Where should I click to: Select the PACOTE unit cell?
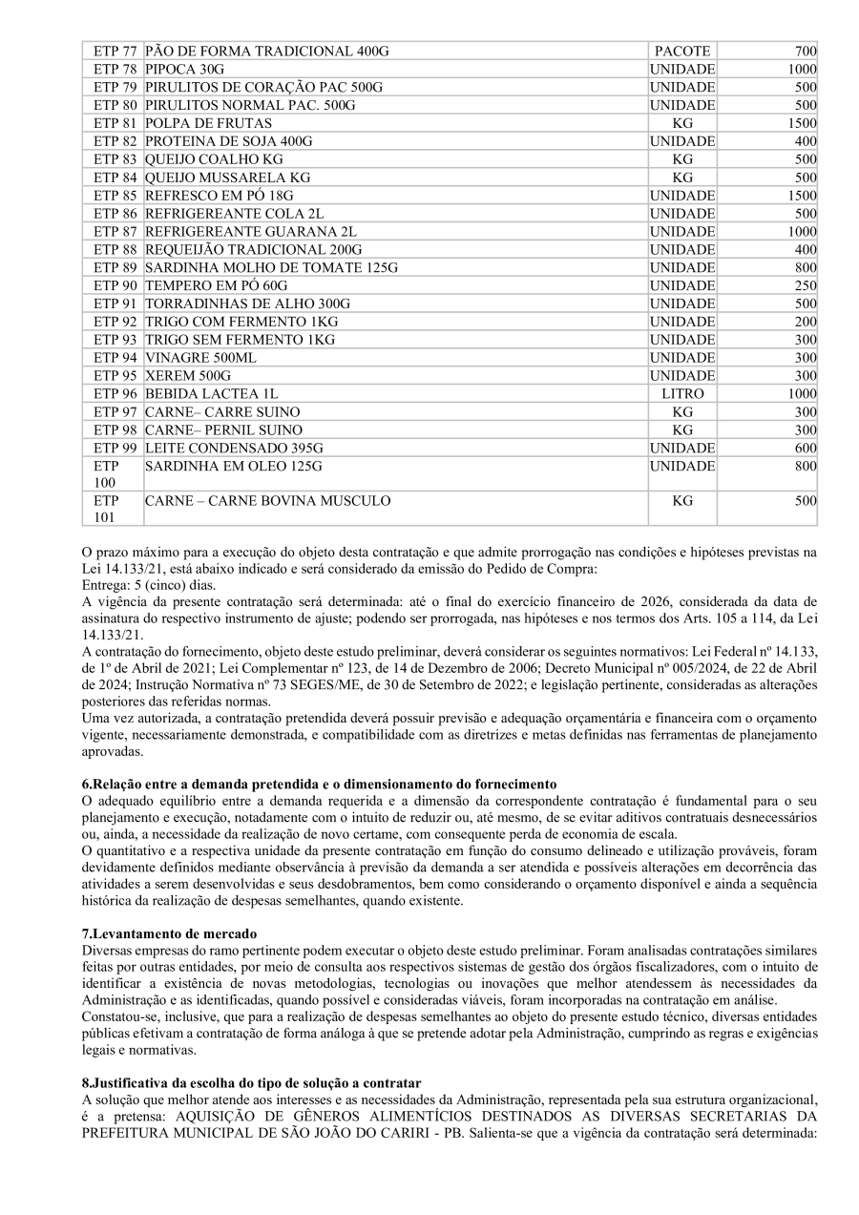681,51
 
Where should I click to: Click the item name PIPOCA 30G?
185,69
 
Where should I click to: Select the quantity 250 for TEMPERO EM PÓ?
806,286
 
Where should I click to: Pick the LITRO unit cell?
681,394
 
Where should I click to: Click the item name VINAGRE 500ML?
200,358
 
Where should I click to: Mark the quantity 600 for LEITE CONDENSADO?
806,449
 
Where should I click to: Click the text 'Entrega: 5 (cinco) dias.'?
149,585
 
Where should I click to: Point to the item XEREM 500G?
187,376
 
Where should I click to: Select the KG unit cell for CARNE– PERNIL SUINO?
681,430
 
